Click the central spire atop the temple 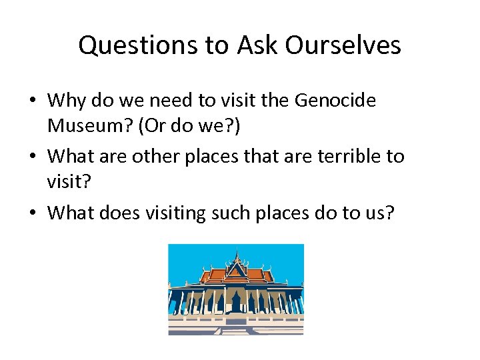point(235,254)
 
